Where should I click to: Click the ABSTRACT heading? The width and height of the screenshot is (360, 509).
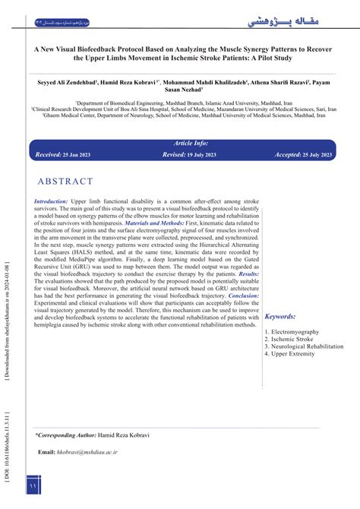(x=65, y=182)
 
